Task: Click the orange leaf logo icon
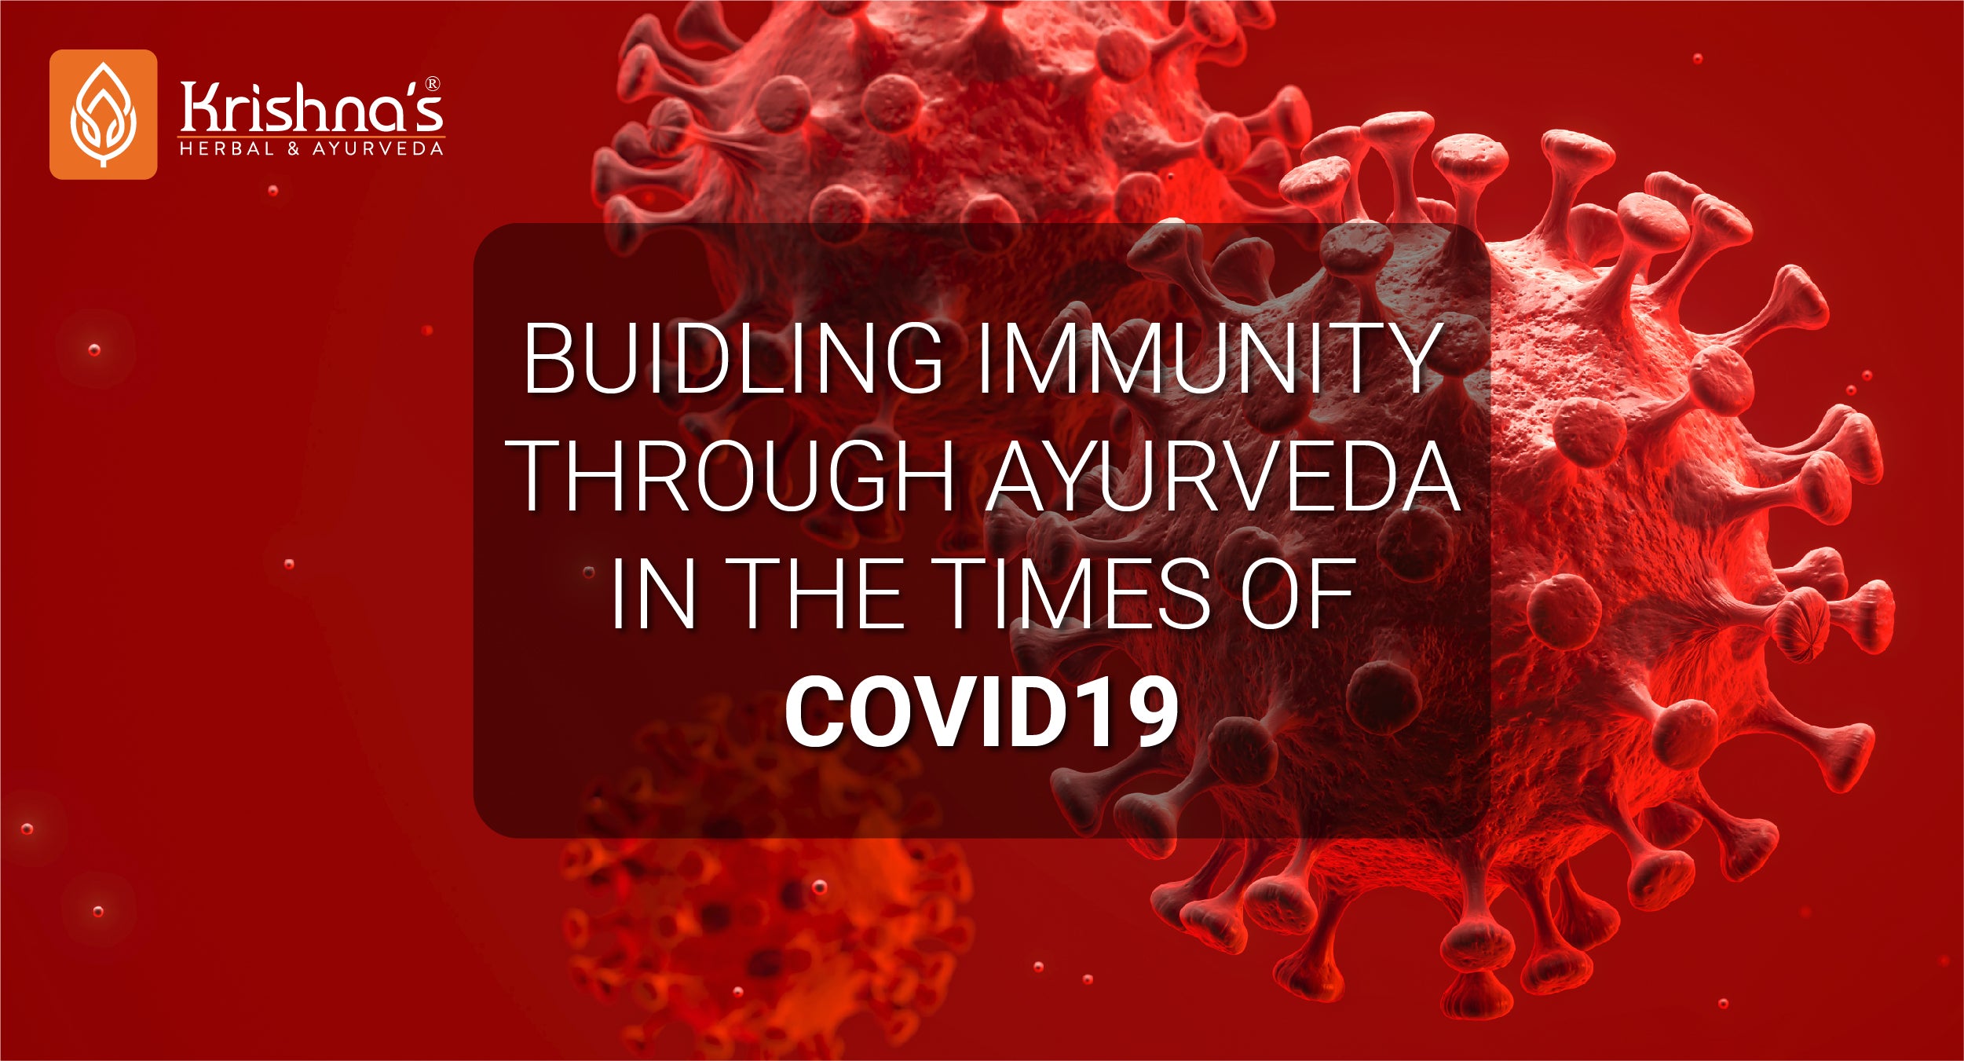click(x=103, y=115)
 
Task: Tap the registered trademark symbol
click(x=433, y=84)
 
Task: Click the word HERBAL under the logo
click(x=227, y=148)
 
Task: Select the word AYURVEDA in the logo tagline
click(x=379, y=148)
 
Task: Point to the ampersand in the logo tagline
click(x=294, y=148)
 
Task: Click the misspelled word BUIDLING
click(x=733, y=357)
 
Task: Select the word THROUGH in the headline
click(x=733, y=475)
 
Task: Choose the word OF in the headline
click(x=1297, y=593)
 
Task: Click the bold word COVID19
click(x=982, y=712)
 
